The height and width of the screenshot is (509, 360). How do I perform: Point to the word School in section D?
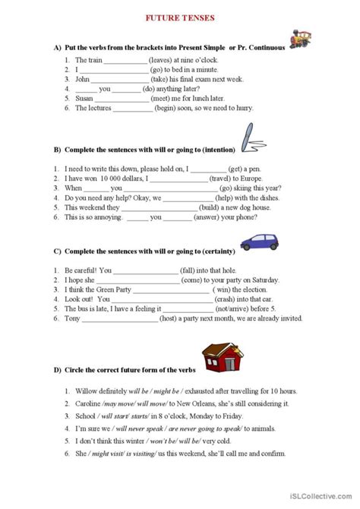[x=86, y=422]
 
